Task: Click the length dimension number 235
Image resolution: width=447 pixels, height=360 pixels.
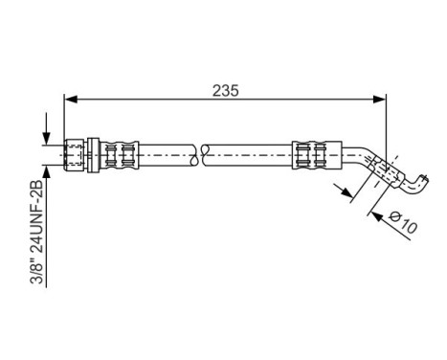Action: tap(225, 90)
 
